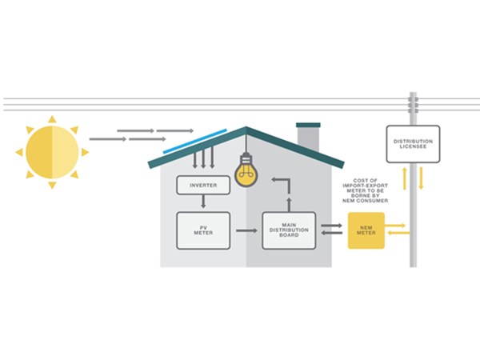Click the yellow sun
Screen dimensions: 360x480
52,152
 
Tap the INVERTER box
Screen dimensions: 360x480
202,185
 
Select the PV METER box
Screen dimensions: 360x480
202,230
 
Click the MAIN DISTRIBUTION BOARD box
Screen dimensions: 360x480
290,230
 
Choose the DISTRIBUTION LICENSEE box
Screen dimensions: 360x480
413,144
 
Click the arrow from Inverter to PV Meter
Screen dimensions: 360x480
202,202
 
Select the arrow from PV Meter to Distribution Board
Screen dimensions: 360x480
246,230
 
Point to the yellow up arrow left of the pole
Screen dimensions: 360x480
404,178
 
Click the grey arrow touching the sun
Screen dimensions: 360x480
107,139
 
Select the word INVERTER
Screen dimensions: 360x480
202,185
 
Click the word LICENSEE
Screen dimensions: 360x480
413,147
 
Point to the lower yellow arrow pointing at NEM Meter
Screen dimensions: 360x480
398,234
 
